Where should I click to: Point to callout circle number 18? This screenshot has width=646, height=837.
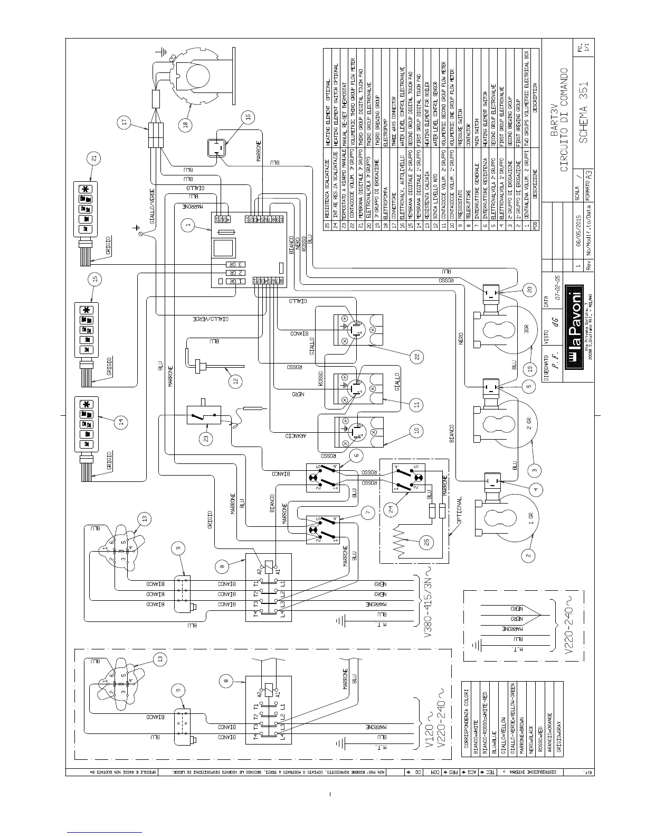(x=185, y=125)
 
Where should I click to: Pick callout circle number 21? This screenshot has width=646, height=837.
(x=94, y=158)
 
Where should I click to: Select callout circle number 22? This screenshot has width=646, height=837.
(x=417, y=357)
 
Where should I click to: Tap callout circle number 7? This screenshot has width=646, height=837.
(x=369, y=512)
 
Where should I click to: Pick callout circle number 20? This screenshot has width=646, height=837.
(x=530, y=289)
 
